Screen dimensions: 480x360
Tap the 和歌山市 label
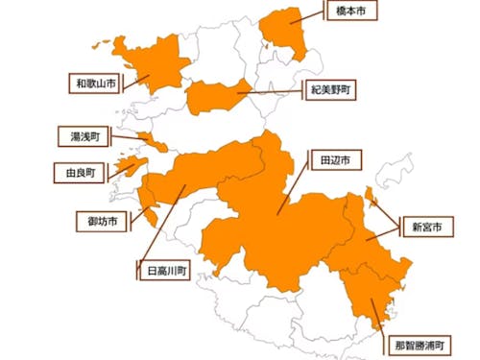coord(96,84)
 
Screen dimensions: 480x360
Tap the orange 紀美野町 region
coord(216,96)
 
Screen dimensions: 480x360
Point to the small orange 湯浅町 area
coord(154,143)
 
